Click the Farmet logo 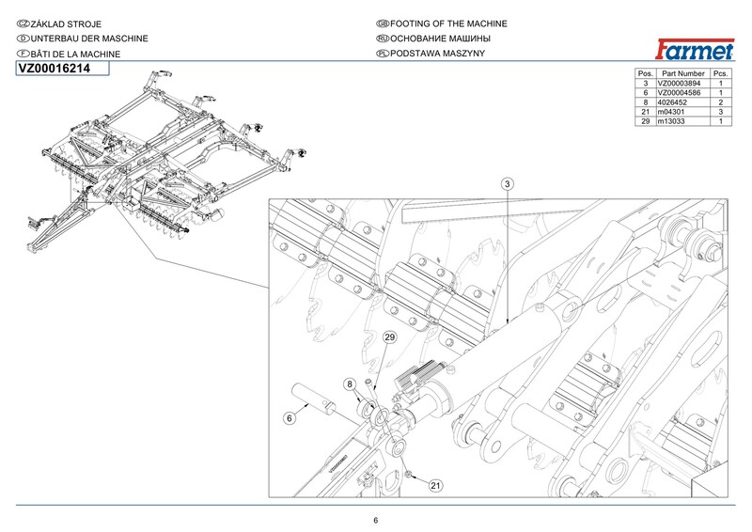point(695,49)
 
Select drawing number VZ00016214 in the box point(55,69)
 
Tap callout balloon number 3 point(508,183)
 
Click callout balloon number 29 point(390,337)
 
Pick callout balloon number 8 point(350,383)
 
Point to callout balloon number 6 point(290,418)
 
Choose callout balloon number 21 point(435,485)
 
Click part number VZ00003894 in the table point(679,83)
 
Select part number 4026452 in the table point(672,102)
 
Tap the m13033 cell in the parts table point(671,121)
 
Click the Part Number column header point(683,73)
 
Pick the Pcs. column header point(720,73)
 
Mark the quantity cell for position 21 point(720,112)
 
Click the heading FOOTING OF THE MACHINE point(448,23)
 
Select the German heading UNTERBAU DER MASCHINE point(89,39)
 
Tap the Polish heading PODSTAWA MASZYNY point(437,54)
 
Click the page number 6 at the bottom point(375,521)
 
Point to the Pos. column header point(646,73)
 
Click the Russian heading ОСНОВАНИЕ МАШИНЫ point(440,39)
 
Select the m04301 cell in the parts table point(671,112)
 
